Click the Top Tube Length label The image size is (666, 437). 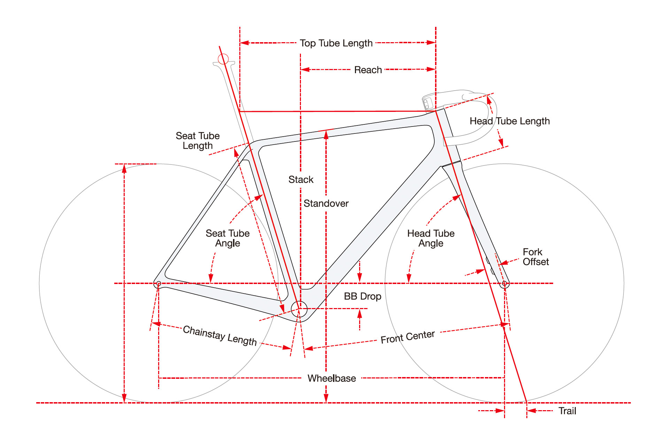(336, 43)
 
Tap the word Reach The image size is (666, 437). (368, 70)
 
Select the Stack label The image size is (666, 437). (301, 180)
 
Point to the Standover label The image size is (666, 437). (326, 204)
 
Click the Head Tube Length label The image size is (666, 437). (510, 121)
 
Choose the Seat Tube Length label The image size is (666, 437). (198, 141)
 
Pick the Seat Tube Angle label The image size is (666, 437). (227, 238)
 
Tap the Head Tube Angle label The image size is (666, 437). (431, 238)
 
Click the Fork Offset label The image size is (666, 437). (535, 257)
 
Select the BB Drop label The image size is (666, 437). (363, 297)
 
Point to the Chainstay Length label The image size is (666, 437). (220, 335)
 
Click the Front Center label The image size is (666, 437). (408, 337)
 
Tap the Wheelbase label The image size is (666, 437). (332, 378)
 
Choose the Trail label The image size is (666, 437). (567, 411)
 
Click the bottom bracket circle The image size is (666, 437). (299, 309)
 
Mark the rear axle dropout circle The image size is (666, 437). (158, 284)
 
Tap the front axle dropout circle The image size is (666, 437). (504, 284)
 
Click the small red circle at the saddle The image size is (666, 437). (223, 59)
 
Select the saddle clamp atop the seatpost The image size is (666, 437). (224, 64)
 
